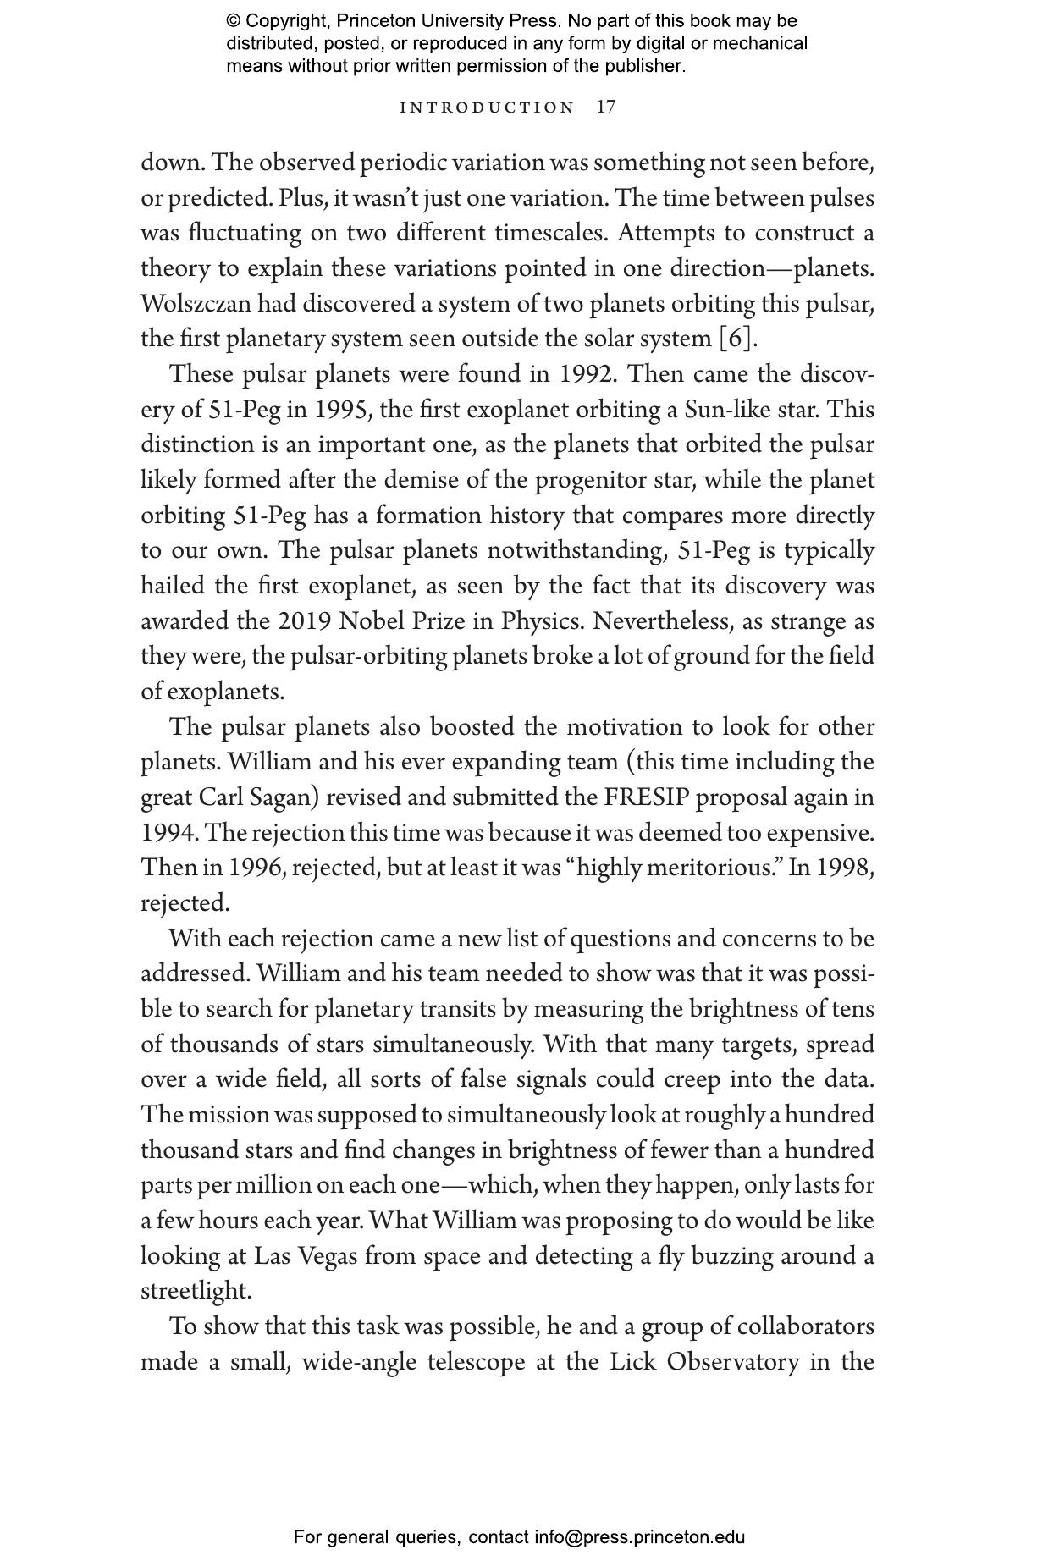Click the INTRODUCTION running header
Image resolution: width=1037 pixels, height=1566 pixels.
click(487, 108)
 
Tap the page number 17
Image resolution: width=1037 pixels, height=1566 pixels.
click(606, 107)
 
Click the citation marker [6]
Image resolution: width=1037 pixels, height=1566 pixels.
click(735, 339)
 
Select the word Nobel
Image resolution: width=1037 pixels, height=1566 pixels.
click(372, 620)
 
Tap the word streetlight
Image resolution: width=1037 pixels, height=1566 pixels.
click(196, 1291)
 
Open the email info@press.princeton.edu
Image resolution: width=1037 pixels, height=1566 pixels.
click(639, 1536)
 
